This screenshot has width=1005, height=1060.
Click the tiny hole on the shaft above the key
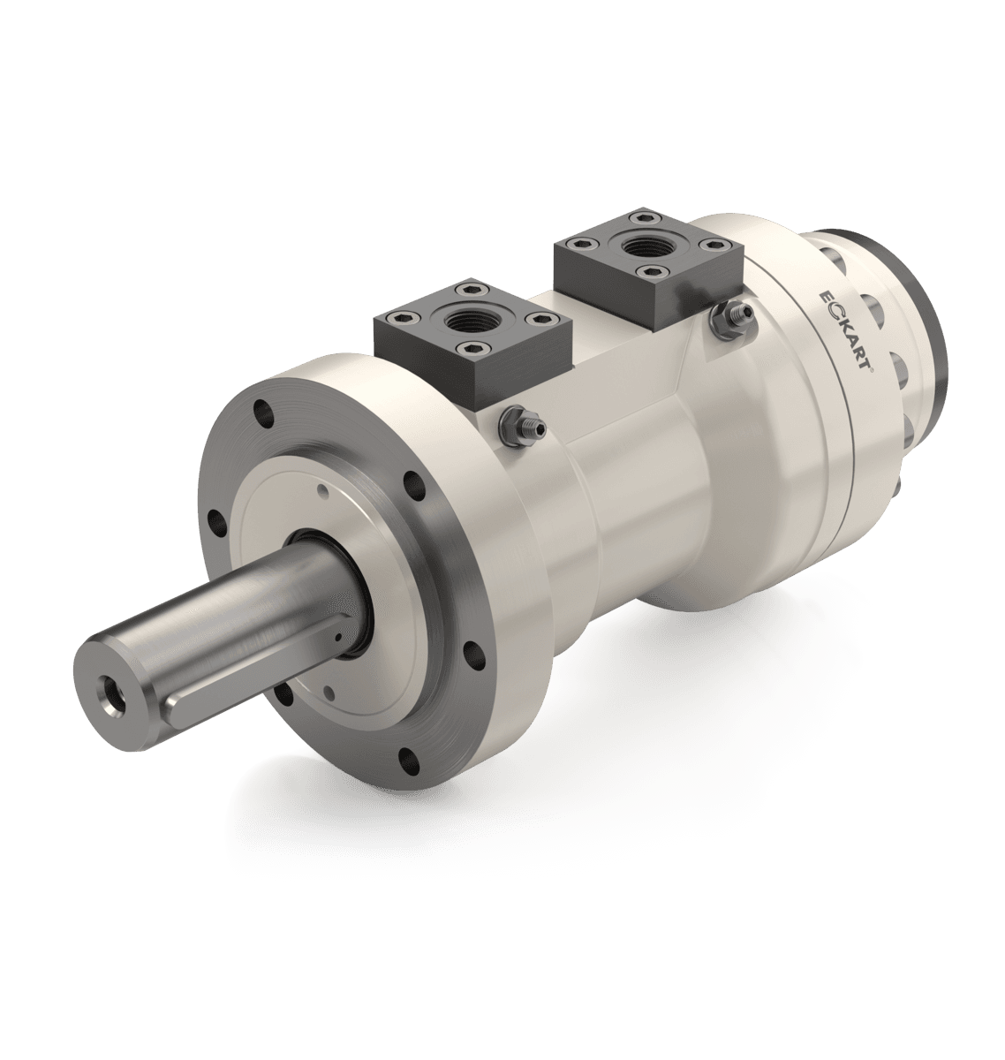coord(337,634)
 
